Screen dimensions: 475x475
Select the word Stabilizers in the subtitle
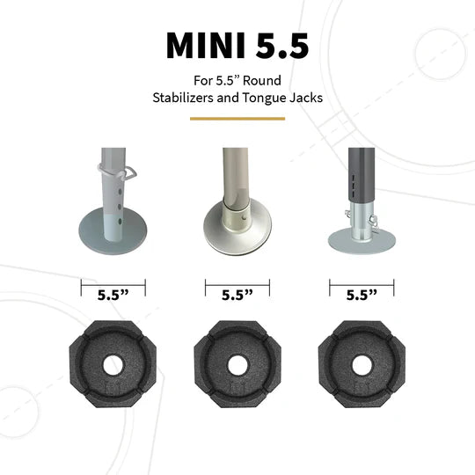tap(183, 98)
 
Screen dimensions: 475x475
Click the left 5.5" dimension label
tap(113, 296)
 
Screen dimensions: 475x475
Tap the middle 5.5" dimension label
tap(237, 296)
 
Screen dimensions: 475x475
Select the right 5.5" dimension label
tap(362, 296)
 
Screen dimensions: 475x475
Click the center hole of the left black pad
tap(113, 362)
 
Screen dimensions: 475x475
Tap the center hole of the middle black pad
tap(237, 362)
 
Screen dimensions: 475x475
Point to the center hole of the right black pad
tap(362, 362)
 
